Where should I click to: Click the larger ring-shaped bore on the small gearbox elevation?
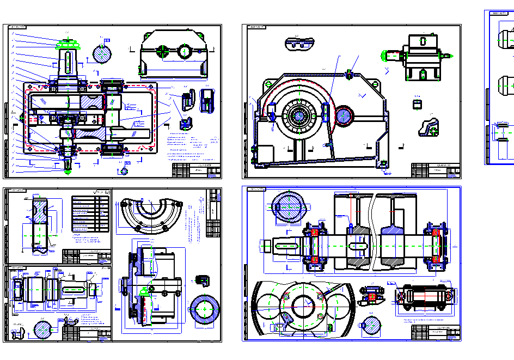coord(185,52)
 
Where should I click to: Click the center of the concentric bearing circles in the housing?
coord(299,115)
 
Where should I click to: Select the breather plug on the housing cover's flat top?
coord(349,72)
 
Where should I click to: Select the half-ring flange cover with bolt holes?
coord(150,212)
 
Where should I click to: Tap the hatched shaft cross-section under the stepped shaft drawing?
coord(43,330)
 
